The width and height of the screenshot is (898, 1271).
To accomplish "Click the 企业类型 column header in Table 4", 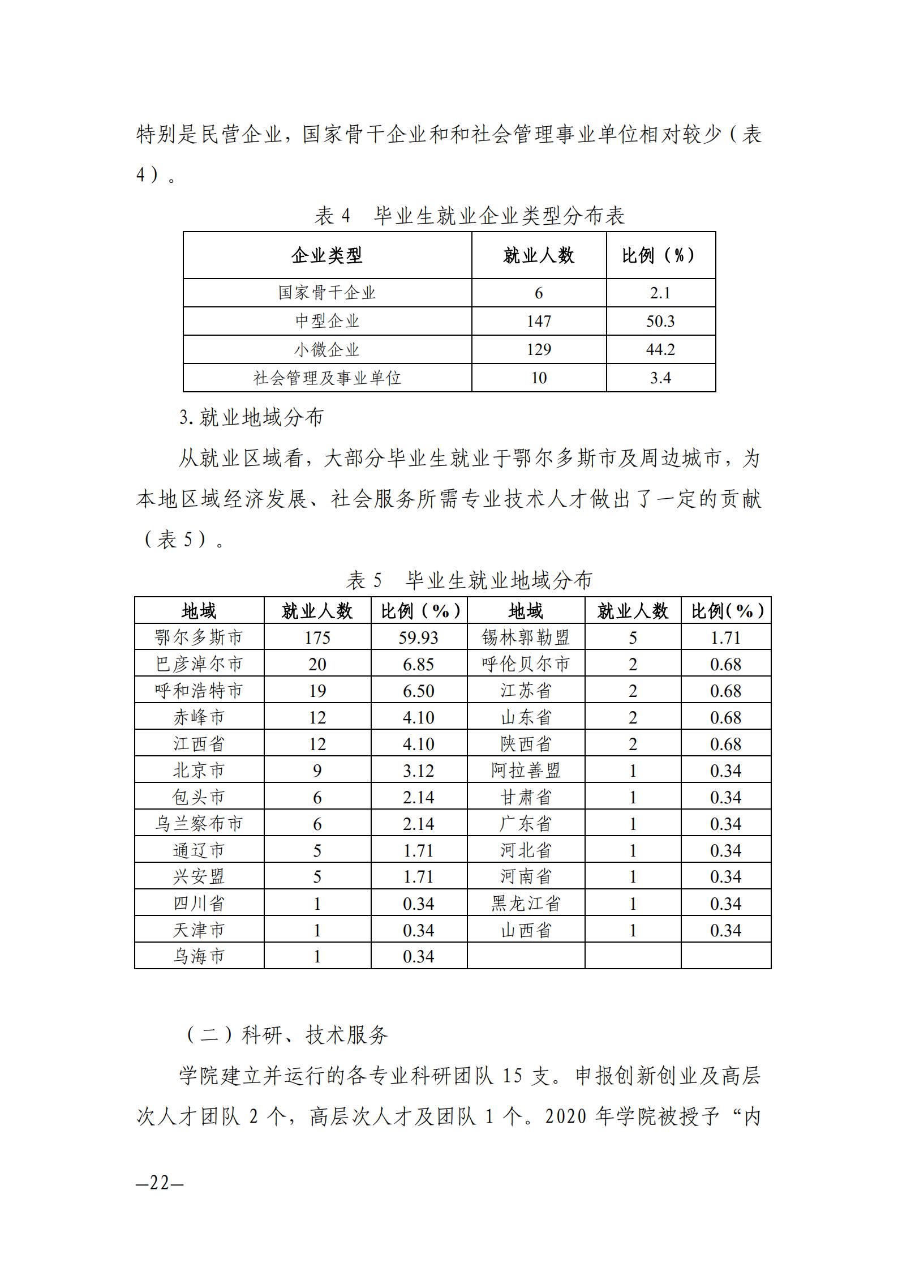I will coord(326,256).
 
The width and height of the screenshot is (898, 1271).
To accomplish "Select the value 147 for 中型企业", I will coord(538,322).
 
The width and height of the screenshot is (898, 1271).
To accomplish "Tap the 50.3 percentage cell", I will coord(660,322).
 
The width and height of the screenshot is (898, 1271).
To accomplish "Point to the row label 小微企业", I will coord(326,350).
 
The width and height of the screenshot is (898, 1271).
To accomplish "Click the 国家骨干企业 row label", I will coord(326,293).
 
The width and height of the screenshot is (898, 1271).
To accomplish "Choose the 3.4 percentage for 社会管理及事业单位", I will coord(660,378).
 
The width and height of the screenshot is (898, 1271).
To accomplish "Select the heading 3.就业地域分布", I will coord(251,418).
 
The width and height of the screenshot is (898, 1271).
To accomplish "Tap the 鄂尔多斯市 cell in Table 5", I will coord(199,637).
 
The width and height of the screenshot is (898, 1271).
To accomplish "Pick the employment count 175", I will coord(317,637).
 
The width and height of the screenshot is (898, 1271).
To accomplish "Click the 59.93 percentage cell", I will coord(418,637).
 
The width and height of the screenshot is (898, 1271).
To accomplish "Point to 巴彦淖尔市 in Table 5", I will coord(199,664).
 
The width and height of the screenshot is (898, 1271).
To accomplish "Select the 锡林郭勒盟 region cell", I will coord(526,637).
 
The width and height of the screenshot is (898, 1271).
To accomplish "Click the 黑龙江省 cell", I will coord(526,903).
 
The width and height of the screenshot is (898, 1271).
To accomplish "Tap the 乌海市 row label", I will coord(199,956).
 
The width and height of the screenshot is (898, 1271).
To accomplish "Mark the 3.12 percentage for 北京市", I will coord(418,771).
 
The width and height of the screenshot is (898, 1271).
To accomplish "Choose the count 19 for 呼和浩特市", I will coord(317,691).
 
